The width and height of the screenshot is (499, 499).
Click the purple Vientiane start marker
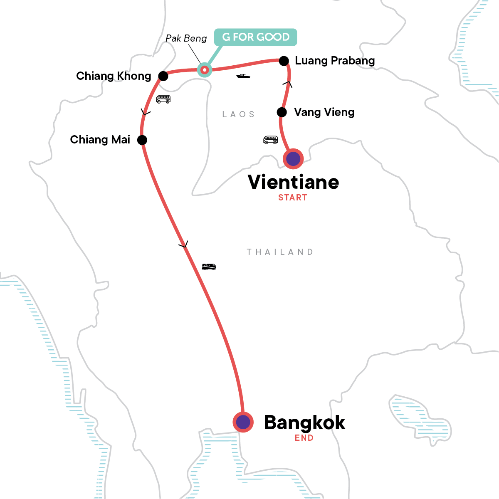[x=293, y=159]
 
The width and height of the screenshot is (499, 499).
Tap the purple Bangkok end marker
[x=243, y=422]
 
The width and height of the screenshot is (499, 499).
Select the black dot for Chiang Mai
[x=142, y=140]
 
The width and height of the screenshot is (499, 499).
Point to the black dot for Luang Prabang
[x=284, y=61]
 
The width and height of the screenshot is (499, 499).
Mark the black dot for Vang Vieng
[x=282, y=112]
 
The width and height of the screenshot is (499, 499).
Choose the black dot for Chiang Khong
[x=163, y=76]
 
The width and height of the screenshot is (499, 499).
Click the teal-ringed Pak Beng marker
[x=204, y=70]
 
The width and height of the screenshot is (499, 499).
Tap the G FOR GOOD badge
[x=255, y=37]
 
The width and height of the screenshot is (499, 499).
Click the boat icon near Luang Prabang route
[x=243, y=76]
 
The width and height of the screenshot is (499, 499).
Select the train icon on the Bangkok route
[x=209, y=267]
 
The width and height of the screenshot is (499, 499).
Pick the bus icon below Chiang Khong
[x=163, y=99]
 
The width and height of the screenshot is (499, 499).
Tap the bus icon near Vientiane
[x=270, y=140]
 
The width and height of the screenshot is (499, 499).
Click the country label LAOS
[x=238, y=114]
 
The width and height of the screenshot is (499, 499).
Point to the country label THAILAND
[x=280, y=252]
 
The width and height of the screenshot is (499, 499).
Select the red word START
[x=293, y=198]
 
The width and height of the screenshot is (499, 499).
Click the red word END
[x=304, y=438]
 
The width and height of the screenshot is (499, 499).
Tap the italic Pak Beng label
[x=186, y=38]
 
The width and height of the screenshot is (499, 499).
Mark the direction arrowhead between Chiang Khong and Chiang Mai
[x=146, y=112]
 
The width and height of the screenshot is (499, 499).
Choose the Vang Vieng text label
[x=324, y=112]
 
